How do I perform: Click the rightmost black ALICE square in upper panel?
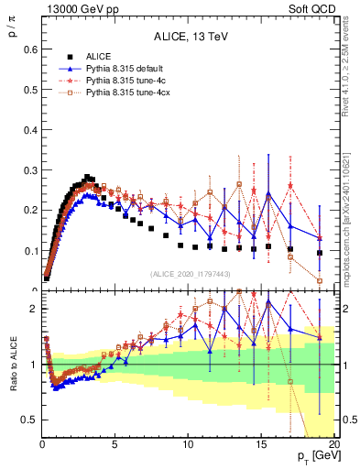(320, 253)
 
